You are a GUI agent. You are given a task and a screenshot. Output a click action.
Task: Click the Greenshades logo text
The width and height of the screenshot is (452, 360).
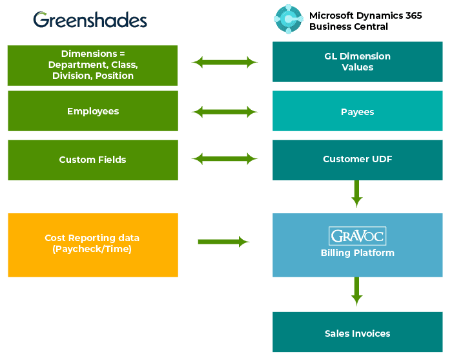90,20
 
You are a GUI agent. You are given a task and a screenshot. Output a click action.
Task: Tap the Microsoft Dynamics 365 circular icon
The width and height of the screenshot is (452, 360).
288,19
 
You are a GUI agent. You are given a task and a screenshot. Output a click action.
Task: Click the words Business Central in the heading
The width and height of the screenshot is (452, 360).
349,26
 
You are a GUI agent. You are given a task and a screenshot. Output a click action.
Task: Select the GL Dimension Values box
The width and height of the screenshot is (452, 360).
357,62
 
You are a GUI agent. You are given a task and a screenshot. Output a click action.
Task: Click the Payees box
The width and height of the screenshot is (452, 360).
357,111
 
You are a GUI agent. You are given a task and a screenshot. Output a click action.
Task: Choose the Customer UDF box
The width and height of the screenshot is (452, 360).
357,160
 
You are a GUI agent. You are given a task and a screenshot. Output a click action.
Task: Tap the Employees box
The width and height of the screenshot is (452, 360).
93,111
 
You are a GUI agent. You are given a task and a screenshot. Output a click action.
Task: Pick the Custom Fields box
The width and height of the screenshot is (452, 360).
93,160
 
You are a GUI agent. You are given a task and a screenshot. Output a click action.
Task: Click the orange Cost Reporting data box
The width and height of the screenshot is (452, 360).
93,245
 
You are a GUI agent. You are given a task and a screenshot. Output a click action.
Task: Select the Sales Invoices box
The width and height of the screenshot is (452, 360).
357,334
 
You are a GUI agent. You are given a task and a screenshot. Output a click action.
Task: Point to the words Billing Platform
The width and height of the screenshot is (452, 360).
357,253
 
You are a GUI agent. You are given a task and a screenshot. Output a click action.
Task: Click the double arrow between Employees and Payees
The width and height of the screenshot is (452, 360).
225,111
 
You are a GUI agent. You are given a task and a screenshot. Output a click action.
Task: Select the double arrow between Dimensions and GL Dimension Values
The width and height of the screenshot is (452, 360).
225,62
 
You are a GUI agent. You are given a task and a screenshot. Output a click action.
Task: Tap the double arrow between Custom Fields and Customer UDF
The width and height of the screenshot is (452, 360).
225,158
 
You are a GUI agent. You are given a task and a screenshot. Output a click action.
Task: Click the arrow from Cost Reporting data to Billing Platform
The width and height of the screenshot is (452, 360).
223,242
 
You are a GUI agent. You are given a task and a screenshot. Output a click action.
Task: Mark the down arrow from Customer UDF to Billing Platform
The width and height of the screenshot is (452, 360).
356,193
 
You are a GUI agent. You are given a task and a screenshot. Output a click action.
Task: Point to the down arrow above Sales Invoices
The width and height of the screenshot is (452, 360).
356,291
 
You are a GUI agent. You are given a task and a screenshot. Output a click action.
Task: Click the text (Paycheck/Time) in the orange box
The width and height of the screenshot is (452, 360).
92,249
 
